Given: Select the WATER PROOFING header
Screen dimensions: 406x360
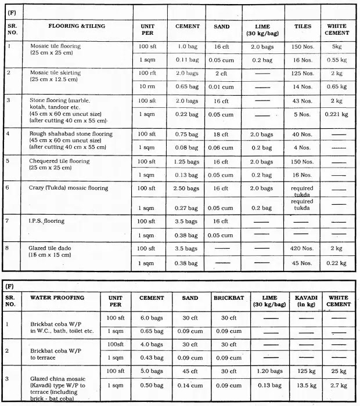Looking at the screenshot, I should pos(57,298).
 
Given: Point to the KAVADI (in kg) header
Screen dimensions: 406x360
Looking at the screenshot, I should pos(305,301).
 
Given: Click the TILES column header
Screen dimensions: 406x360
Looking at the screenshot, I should pos(303,26).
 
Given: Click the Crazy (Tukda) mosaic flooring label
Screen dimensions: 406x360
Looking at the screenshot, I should pos(69,188).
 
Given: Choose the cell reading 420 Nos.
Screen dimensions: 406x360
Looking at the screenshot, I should pos(303,248).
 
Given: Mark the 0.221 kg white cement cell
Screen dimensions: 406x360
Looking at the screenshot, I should pos(337,115).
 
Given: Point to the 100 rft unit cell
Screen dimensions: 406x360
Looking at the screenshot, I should pos(147,73).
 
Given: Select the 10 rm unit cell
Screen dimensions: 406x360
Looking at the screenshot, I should pos(147,86).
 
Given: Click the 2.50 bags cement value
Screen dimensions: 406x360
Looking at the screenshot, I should pos(187,188).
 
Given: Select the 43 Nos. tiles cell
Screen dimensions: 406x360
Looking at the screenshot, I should pos(303,101).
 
